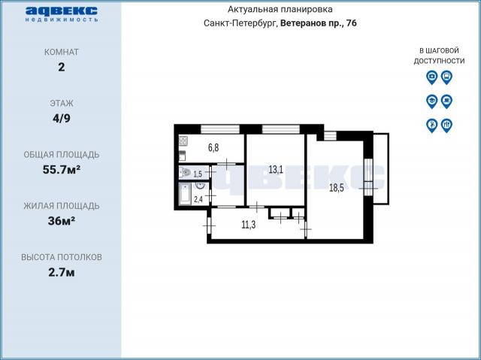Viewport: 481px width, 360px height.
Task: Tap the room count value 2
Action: coord(61,67)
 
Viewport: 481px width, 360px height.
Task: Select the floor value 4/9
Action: coord(61,118)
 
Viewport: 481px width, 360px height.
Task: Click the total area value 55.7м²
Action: coord(61,169)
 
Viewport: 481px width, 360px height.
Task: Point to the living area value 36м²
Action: coord(61,220)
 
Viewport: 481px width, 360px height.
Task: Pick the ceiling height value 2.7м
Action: coord(61,271)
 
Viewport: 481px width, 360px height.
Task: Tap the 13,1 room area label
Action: coord(276,170)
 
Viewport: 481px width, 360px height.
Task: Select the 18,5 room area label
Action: coord(336,188)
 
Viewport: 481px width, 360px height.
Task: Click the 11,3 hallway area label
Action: coord(249,224)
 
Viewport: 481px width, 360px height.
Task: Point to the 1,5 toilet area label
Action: coord(198,174)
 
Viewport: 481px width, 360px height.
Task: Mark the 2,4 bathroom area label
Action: coord(198,199)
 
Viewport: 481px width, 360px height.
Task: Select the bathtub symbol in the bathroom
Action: coord(185,195)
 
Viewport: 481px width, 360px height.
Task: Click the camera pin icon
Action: coord(431,76)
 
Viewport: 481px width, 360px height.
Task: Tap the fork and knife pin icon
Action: coord(446,125)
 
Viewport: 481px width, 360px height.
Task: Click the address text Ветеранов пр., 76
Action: coord(319,23)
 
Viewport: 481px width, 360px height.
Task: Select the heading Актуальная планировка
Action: coord(280,10)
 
